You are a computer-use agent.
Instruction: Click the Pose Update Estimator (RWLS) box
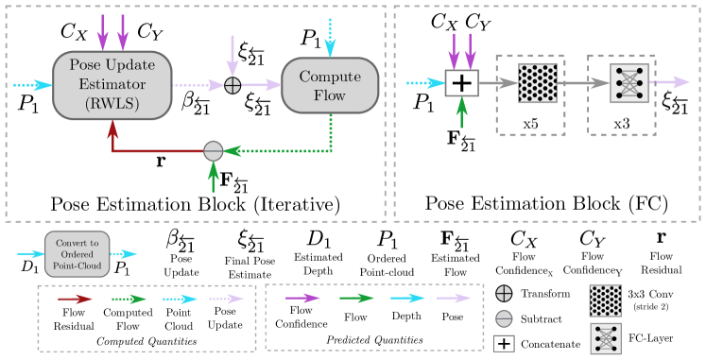pos(112,85)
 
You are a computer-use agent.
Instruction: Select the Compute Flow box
pos(330,85)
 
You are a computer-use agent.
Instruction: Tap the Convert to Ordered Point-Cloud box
pos(77,254)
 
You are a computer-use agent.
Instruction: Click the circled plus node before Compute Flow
pos(232,85)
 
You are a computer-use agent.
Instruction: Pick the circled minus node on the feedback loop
pos(214,150)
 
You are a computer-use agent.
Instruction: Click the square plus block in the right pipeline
pos(461,83)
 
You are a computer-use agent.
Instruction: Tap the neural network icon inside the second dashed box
pos(629,83)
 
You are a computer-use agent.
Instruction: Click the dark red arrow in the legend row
pos(75,299)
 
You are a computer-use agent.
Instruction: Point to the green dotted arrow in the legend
pos(129,299)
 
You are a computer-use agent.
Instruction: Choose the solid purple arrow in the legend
pos(302,299)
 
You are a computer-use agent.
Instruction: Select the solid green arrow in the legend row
pos(356,299)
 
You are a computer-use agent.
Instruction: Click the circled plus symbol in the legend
pos(504,293)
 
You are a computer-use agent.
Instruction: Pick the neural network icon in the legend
pos(605,338)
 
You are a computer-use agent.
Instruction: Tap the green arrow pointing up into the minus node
pos(214,177)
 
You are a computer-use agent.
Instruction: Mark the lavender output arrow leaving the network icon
pos(669,83)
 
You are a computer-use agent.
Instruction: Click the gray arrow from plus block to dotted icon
pos(498,83)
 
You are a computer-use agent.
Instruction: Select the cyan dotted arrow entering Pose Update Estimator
pos(32,85)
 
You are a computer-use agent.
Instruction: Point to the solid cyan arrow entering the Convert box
pos(30,254)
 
